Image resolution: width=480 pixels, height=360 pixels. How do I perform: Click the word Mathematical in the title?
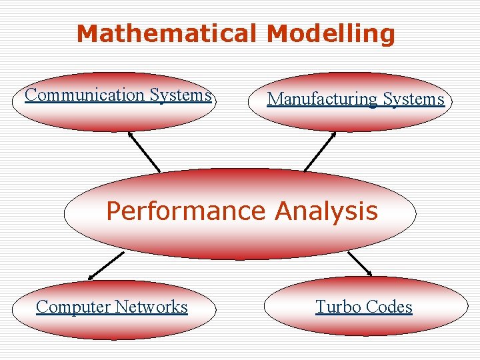coord(167,33)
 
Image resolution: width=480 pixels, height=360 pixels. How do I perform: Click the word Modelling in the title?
coord(331,33)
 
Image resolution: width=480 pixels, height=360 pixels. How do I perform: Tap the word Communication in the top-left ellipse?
coord(85,95)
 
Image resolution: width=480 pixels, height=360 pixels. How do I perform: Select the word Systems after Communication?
coord(180,95)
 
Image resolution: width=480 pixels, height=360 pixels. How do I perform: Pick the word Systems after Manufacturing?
coord(413,99)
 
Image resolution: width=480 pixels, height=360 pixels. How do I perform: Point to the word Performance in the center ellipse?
coord(186,211)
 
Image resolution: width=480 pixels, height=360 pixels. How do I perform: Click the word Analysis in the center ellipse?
coord(326,211)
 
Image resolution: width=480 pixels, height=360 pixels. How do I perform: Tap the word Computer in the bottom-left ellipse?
coord(73,307)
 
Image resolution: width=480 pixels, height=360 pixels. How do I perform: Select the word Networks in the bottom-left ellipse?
coord(151,307)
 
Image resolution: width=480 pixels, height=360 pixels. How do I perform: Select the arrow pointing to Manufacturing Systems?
coord(320,151)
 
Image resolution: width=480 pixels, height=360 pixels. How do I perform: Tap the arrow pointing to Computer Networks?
coord(106,265)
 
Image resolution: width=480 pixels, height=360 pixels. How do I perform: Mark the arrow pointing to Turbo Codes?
coord(360,263)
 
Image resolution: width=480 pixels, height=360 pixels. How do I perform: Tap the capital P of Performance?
coord(114,211)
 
